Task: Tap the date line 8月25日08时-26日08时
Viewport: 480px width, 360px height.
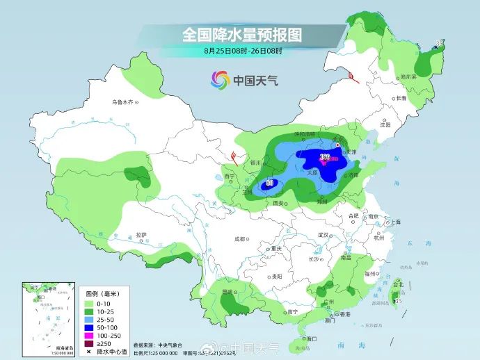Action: (243, 50)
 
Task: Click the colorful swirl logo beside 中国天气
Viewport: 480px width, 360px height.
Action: (221, 80)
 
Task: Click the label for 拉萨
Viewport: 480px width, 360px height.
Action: (141, 235)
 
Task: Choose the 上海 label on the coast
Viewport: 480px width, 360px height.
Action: (395, 222)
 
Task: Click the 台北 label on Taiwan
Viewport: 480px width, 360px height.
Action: (397, 285)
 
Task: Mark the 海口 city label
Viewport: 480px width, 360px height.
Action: (310, 338)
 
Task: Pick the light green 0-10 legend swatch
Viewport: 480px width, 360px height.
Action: (88, 304)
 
